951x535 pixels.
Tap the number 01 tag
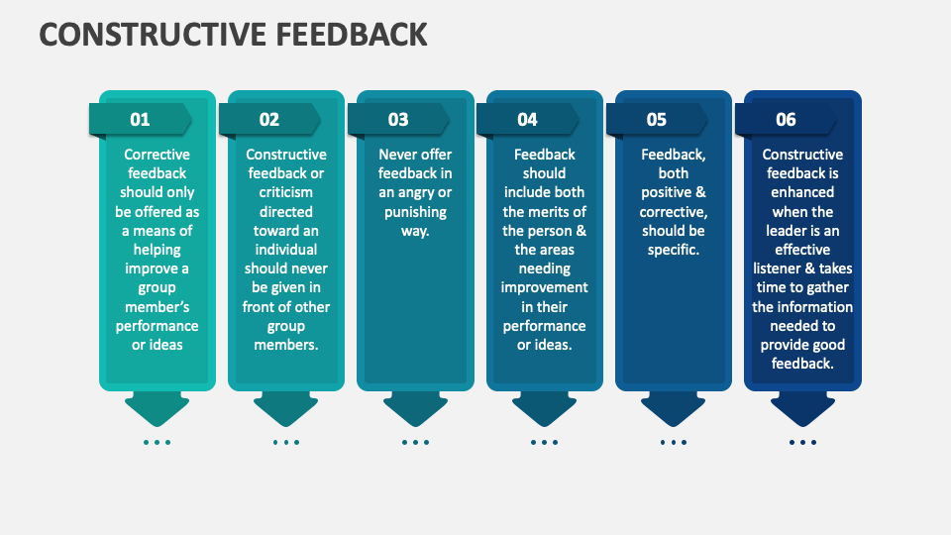tap(140, 119)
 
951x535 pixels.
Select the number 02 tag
tap(269, 119)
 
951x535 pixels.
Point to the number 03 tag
tap(398, 119)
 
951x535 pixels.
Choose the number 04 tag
tap(527, 119)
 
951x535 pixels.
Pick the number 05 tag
tap(657, 119)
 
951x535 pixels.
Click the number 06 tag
tap(786, 119)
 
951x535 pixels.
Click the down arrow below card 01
tap(157, 407)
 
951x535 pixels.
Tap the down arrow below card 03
tap(415, 407)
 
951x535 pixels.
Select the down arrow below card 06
tap(802, 407)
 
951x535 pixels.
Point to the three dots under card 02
tap(285, 442)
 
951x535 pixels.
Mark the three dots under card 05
tap(673, 442)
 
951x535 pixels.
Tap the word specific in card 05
tap(673, 250)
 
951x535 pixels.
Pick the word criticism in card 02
tap(286, 192)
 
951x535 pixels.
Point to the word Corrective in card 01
tap(157, 155)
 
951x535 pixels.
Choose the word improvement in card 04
tap(544, 287)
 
